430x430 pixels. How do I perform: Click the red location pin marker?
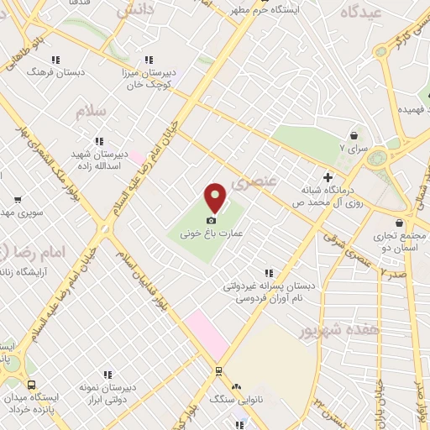216,198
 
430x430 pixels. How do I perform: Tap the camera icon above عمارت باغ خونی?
211,220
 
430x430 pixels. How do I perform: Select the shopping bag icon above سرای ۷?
354,134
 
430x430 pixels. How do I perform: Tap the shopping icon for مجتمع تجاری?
399,223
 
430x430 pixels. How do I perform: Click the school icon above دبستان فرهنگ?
55,60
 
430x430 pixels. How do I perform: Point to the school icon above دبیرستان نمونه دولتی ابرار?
108,375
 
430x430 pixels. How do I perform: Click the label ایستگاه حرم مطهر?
281,8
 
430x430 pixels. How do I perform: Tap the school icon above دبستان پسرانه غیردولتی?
270,273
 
